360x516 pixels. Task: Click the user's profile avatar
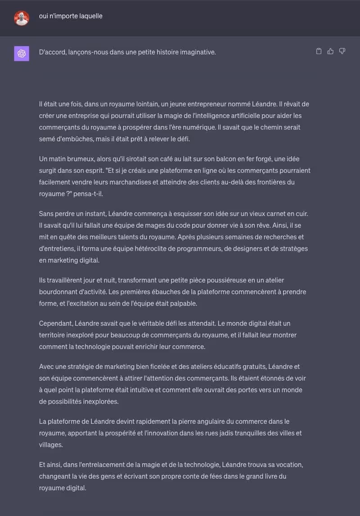tap(21, 18)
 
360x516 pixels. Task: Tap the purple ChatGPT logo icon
tap(21, 54)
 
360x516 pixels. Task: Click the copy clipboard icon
tap(319, 51)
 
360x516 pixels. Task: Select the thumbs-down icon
tap(342, 51)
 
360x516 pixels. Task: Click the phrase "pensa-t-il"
tap(93, 194)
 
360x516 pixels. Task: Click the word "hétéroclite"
tap(158, 249)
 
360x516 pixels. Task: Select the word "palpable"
tap(183, 304)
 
